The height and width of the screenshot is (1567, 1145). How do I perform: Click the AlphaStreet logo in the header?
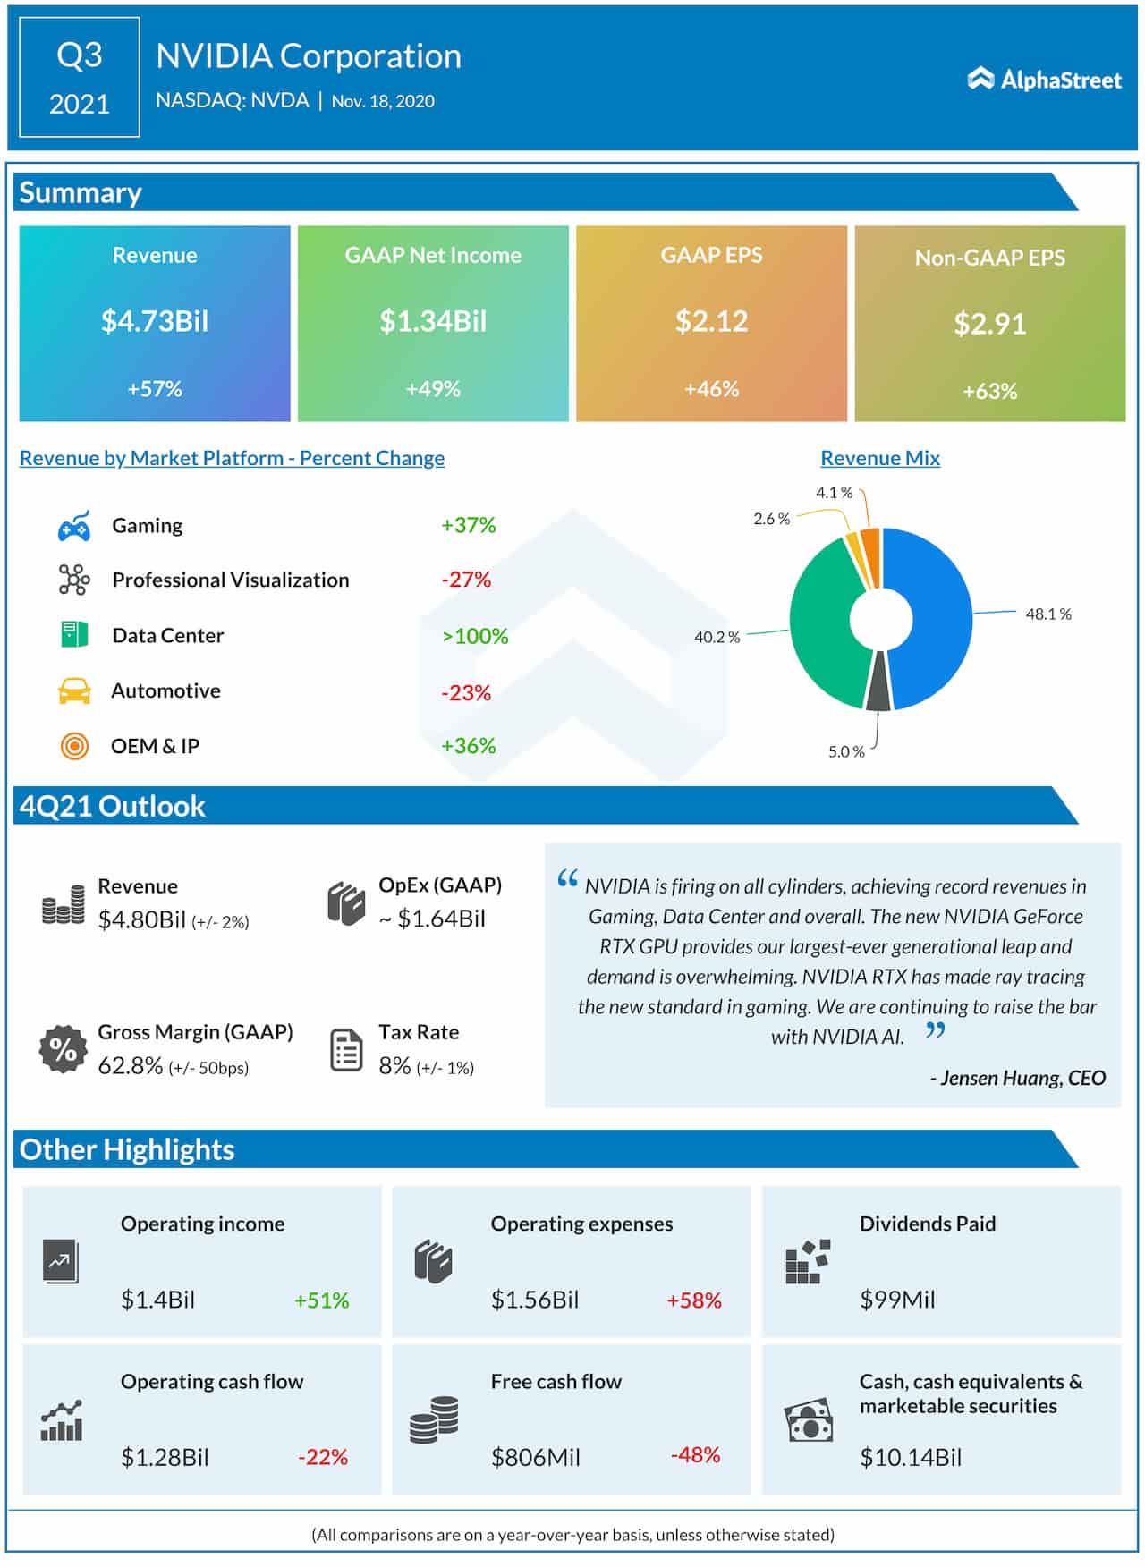click(x=1044, y=80)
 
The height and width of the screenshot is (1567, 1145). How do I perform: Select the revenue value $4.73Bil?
click(x=155, y=321)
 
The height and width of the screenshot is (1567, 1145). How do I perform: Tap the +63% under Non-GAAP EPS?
click(x=989, y=391)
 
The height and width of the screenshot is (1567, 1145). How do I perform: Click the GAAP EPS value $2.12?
click(x=711, y=321)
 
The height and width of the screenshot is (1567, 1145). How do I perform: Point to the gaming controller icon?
click(x=74, y=526)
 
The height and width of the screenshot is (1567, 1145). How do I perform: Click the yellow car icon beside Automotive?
click(x=74, y=690)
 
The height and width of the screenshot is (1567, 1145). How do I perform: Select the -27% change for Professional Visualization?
click(x=466, y=580)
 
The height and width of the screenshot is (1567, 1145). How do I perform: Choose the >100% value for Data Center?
click(x=475, y=636)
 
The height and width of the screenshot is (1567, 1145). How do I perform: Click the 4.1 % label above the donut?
click(x=834, y=493)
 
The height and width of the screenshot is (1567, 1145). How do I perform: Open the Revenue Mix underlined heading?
click(x=880, y=458)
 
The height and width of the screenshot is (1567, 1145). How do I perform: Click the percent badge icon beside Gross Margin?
click(x=63, y=1048)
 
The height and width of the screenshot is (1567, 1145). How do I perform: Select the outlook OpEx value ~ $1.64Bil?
click(x=432, y=919)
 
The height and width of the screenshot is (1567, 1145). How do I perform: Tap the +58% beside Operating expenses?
click(x=693, y=1300)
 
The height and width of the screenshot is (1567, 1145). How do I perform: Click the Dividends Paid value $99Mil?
click(x=897, y=1300)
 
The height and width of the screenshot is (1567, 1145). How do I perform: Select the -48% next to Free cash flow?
click(x=695, y=1455)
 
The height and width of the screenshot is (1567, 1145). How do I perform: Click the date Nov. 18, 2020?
click(x=383, y=101)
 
